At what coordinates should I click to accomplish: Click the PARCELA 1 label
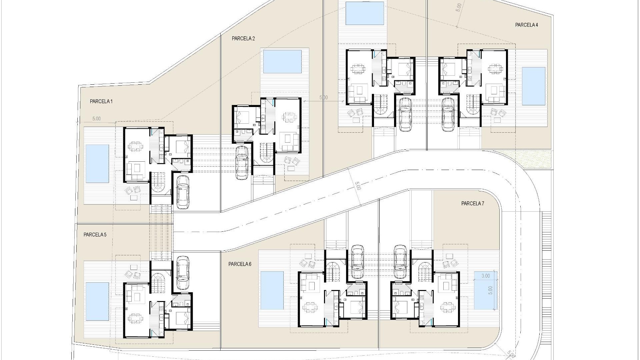point(101,101)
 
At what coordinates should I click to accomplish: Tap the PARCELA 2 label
point(243,39)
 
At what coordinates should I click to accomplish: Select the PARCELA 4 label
point(526,25)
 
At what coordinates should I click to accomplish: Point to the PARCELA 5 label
point(95,235)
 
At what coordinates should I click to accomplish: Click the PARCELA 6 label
point(240,264)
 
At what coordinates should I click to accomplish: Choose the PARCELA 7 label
point(472,204)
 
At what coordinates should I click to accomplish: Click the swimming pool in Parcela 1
point(97,164)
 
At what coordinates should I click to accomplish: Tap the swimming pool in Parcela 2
point(282,62)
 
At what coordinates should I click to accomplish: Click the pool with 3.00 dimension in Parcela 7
point(485,290)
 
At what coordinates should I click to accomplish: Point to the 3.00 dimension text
point(486,276)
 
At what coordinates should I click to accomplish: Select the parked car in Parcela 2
point(242,163)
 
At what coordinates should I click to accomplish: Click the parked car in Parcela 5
point(182,273)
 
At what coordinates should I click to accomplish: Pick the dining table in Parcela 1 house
point(135,146)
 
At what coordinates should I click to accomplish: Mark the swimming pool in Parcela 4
point(533,86)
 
